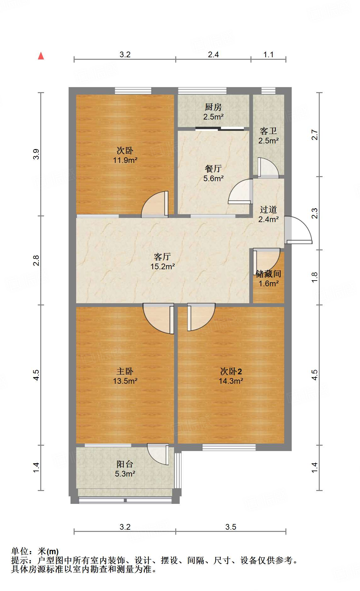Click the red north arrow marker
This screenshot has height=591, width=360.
pos(41,56)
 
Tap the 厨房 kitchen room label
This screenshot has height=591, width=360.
pos(213,107)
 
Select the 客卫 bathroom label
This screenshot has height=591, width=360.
pos(268,131)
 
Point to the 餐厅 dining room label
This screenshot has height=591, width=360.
pos(213,169)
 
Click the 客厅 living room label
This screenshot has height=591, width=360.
pos(162,257)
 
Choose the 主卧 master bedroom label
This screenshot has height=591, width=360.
pos(125,371)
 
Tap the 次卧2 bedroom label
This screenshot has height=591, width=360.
pos(231,371)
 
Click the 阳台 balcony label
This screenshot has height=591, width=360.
pos(125,464)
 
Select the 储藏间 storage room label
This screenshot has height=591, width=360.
pos(268,274)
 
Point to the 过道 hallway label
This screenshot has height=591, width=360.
pos(268,209)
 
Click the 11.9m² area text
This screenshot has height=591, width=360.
pos(125,160)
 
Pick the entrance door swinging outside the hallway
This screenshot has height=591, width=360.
pos(298,230)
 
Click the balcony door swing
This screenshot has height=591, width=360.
pos(158,454)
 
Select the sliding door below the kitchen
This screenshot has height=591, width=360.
pos(220,128)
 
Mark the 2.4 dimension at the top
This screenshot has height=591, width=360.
pos(213,55)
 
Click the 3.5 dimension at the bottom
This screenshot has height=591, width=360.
pos(231,527)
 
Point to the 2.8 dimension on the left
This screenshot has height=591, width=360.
pos(36,260)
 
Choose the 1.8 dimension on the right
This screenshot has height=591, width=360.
pos(315,277)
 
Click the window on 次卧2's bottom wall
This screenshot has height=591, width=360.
pos(229,447)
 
